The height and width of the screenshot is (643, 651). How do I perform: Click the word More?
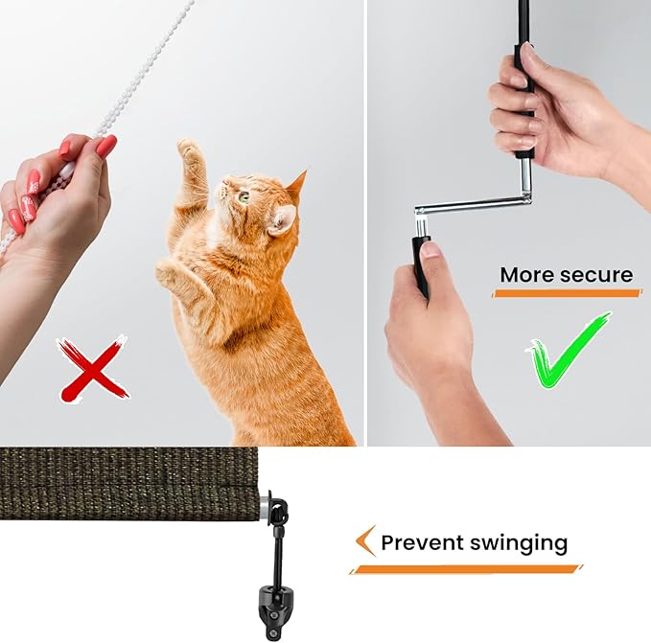(526, 275)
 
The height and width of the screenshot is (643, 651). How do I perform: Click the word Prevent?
(422, 542)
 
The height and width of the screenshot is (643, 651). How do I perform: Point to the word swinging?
(519, 544)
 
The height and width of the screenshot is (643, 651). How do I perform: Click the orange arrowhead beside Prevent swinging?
(365, 540)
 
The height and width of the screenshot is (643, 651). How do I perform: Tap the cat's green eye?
(244, 195)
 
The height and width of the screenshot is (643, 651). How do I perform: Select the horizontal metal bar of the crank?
(474, 206)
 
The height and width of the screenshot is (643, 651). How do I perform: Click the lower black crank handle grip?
(420, 264)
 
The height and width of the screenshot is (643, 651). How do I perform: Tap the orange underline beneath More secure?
(567, 293)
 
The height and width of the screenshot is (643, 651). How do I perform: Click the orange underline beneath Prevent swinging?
(466, 569)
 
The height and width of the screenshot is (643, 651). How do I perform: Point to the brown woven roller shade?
(128, 483)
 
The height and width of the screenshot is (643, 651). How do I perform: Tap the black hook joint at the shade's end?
(277, 510)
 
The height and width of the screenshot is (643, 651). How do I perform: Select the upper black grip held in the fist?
(523, 100)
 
